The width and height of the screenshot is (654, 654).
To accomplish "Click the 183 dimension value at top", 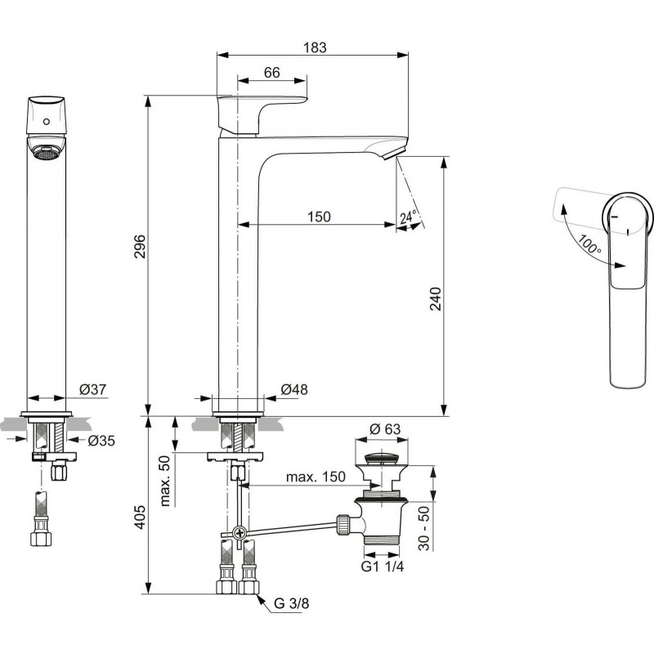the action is pyautogui.click(x=315, y=47).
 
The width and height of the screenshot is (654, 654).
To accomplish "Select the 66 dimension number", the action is pyautogui.click(x=272, y=73).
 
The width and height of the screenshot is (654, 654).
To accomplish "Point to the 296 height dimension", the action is pyautogui.click(x=140, y=247).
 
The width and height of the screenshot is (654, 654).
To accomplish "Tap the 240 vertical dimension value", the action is pyautogui.click(x=435, y=298).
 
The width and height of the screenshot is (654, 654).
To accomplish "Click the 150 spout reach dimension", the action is pyautogui.click(x=319, y=217).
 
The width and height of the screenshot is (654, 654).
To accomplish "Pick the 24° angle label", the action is pyautogui.click(x=408, y=217).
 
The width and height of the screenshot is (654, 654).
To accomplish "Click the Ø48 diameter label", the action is pyautogui.click(x=294, y=390).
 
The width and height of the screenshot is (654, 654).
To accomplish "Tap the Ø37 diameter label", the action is pyautogui.click(x=92, y=390).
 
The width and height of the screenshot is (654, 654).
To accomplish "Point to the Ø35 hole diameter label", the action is pyautogui.click(x=101, y=441).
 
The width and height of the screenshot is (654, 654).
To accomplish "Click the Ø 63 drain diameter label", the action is pyautogui.click(x=385, y=428).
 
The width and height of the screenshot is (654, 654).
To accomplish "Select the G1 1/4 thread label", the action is pyautogui.click(x=383, y=567).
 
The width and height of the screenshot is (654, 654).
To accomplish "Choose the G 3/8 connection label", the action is pyautogui.click(x=292, y=603).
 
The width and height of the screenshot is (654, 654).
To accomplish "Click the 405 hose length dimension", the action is pyautogui.click(x=140, y=517).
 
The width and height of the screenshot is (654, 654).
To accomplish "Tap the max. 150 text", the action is pyautogui.click(x=316, y=477).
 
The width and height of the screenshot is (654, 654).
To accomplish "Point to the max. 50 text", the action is pyautogui.click(x=165, y=481).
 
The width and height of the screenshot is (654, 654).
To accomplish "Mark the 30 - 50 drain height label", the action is pyautogui.click(x=423, y=528).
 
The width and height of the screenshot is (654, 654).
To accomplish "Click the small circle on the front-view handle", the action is pyautogui.click(x=47, y=122).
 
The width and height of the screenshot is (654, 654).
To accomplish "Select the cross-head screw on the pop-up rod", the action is pyautogui.click(x=240, y=533).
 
